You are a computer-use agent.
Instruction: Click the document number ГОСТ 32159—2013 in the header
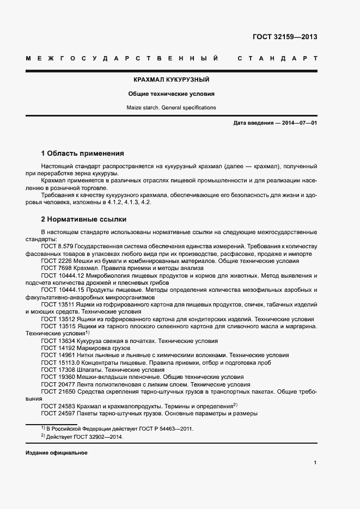pyautogui.click(x=285, y=38)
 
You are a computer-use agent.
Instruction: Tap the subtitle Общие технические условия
pyautogui.click(x=171, y=94)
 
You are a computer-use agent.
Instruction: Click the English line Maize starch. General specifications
pyautogui.click(x=171, y=107)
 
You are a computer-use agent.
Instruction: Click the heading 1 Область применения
pyautogui.click(x=82, y=153)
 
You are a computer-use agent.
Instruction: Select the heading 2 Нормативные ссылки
pyautogui.click(x=84, y=219)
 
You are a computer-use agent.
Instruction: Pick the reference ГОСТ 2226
pyautogui.click(x=56, y=261)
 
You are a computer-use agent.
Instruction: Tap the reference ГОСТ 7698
pyautogui.click(x=56, y=268)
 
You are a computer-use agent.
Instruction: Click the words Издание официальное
pyautogui.click(x=56, y=453)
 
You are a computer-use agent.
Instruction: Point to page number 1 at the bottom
pyautogui.click(x=315, y=463)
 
